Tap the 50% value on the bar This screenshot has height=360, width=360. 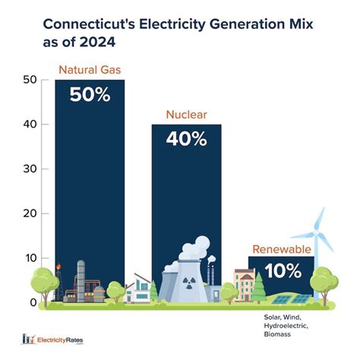pyautogui.click(x=90, y=95)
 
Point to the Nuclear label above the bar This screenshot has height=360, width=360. pyautogui.click(x=185, y=115)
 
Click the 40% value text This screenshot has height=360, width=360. pyautogui.click(x=186, y=139)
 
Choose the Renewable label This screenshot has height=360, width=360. pyautogui.click(x=280, y=249)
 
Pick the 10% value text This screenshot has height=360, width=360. pyautogui.click(x=284, y=270)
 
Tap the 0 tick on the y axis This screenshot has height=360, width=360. pyautogui.click(x=33, y=302)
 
